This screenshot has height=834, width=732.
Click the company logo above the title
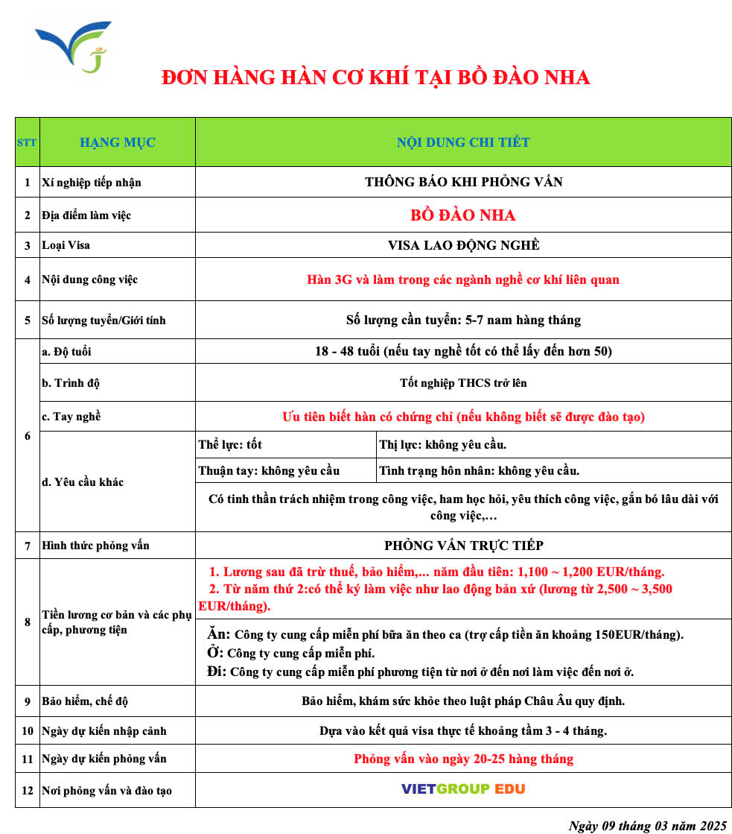click(72, 46)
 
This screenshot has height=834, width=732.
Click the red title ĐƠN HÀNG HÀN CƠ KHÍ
click(375, 78)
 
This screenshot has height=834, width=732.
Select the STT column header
click(27, 142)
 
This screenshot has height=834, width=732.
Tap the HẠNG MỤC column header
click(118, 142)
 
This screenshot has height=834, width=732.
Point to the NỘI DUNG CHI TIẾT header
click(463, 142)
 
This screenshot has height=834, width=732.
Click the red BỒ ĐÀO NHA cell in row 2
click(463, 215)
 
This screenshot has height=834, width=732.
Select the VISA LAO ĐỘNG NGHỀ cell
click(463, 245)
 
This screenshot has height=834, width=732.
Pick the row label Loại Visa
click(67, 245)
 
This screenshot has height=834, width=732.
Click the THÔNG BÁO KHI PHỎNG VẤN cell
click(463, 182)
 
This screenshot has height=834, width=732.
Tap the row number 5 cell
click(28, 320)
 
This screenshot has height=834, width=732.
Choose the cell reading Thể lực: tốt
click(231, 445)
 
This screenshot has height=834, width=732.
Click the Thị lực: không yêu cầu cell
click(443, 445)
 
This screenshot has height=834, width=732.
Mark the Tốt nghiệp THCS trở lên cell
click(463, 383)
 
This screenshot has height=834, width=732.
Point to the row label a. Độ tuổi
click(67, 352)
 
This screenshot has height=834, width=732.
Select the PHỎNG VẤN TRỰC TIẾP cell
click(463, 546)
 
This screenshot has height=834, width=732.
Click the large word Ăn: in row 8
click(218, 634)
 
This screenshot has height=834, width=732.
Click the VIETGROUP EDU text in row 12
click(463, 789)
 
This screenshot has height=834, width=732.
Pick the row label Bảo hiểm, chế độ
click(86, 701)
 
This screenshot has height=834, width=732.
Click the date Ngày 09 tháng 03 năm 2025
click(646, 825)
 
